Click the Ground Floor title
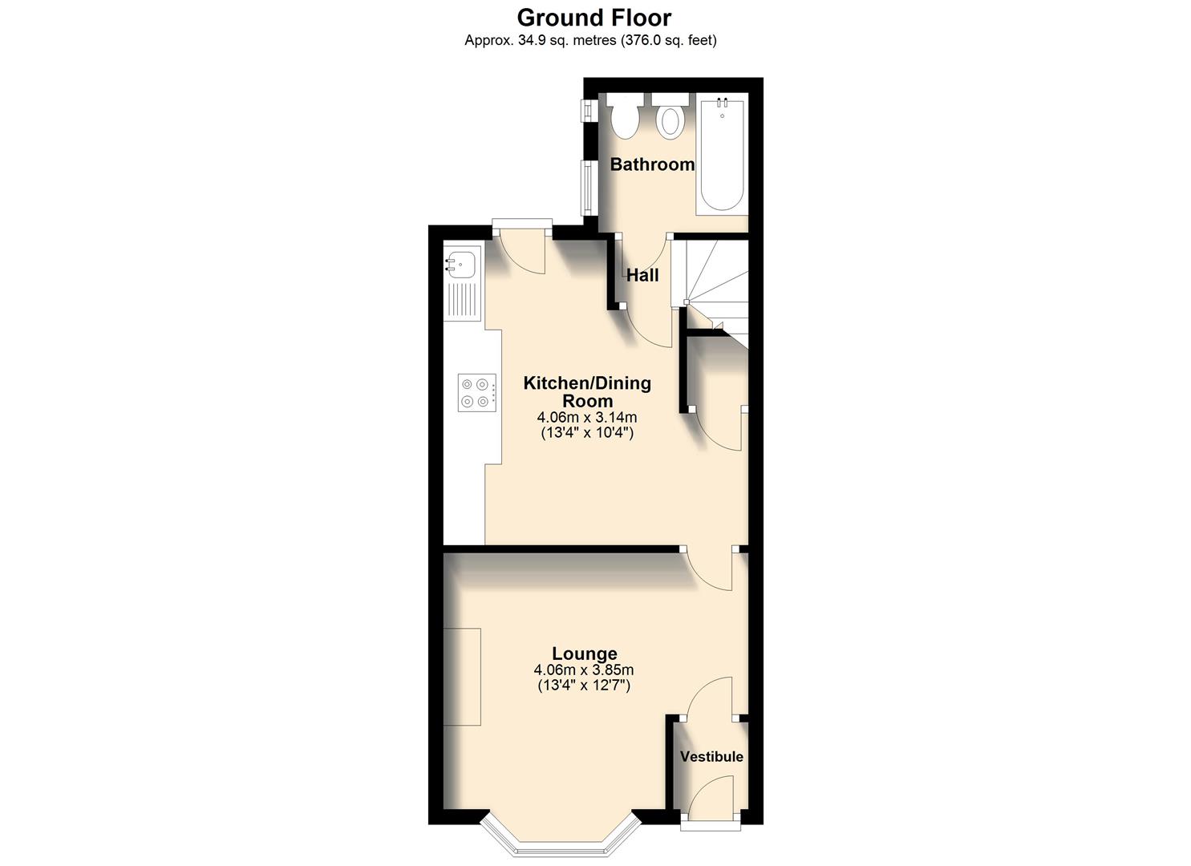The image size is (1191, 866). pos(594,17)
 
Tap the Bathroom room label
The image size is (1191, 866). pos(652,164)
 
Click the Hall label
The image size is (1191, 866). pos(642,275)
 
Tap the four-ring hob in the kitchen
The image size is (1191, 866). pos(474,393)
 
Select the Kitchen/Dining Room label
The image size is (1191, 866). pos(587,391)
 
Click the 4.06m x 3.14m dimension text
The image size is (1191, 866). pos(587,417)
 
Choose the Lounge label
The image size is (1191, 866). pos(585,654)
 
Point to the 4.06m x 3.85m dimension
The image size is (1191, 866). pos(585,670)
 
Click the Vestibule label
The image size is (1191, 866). pos(711,756)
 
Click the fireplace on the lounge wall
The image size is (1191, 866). pos(462,677)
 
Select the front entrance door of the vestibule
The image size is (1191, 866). pos(711,802)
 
